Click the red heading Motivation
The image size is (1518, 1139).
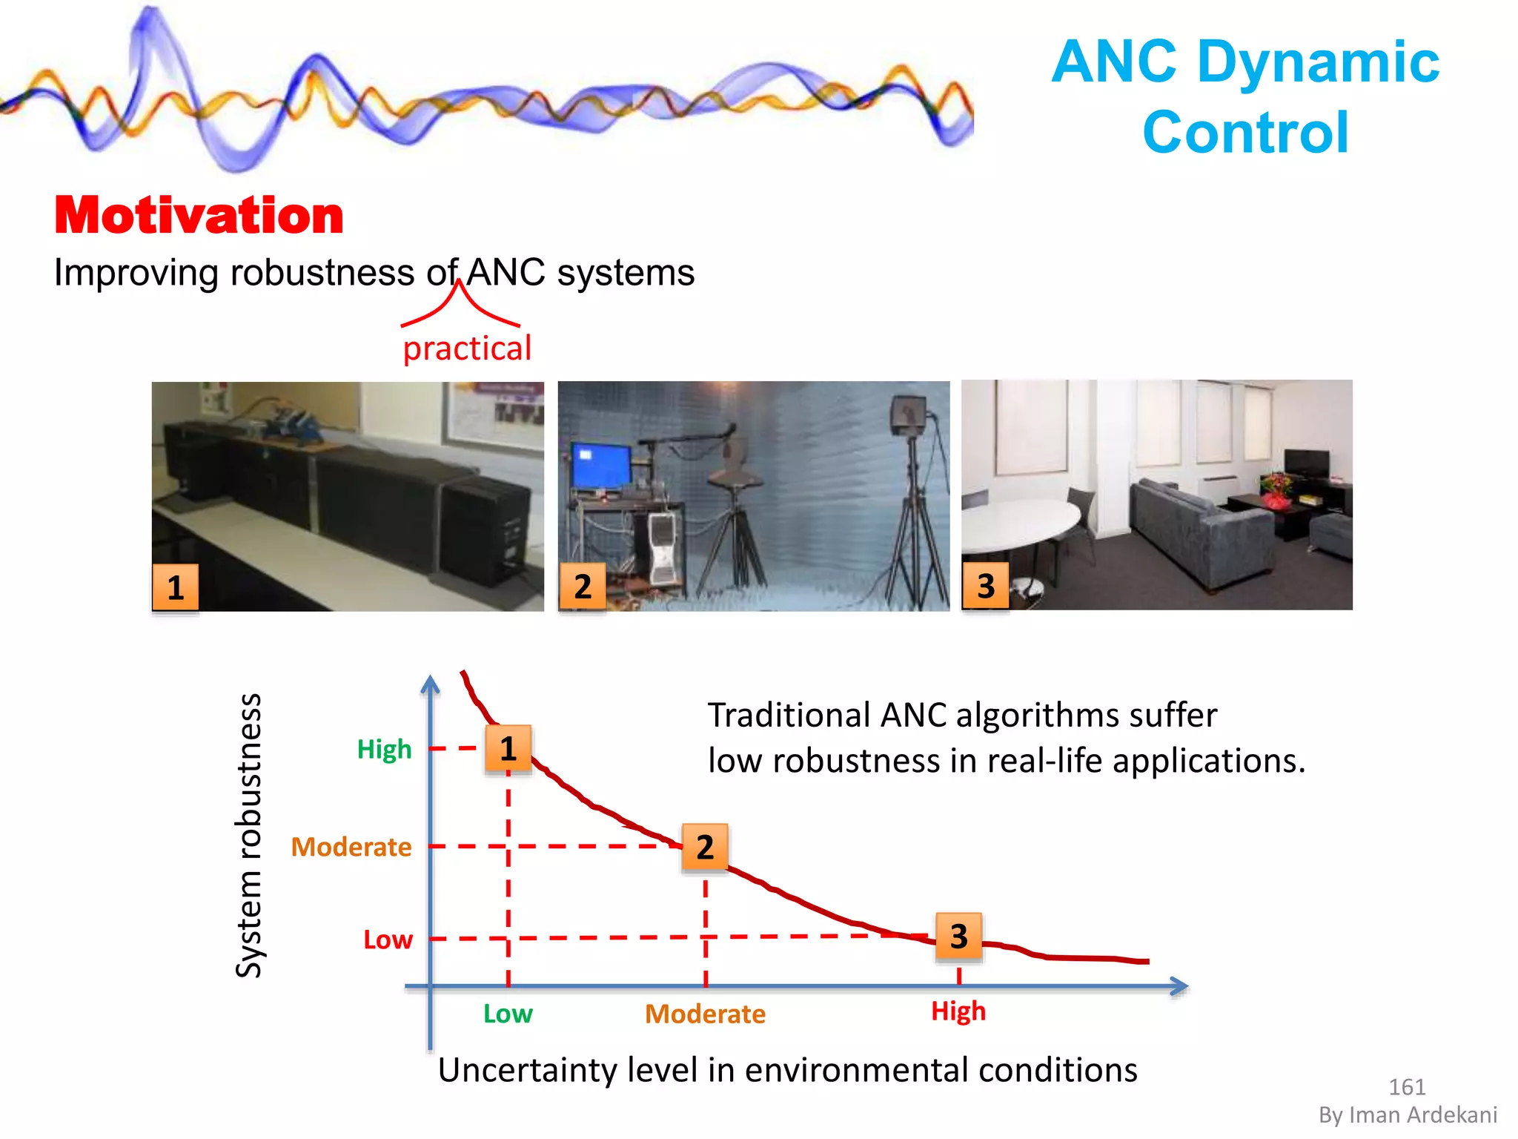(199, 216)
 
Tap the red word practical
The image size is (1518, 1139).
(467, 349)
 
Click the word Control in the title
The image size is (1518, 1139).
(1245, 133)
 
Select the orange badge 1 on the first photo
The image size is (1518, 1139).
(176, 587)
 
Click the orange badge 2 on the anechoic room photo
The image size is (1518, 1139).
(583, 587)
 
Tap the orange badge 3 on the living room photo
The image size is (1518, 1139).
(985, 586)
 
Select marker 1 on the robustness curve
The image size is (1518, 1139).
(508, 749)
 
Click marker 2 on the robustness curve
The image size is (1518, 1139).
(705, 847)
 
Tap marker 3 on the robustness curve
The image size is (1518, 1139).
(959, 937)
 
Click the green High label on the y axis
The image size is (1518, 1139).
(384, 749)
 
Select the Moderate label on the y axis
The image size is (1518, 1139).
(351, 847)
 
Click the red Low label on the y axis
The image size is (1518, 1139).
(388, 940)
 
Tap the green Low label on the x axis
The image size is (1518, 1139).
(508, 1014)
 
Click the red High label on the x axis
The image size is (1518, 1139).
(958, 1011)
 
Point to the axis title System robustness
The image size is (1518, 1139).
(249, 836)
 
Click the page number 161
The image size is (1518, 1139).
(1407, 1087)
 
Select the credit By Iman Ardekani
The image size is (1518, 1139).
(1408, 1115)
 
